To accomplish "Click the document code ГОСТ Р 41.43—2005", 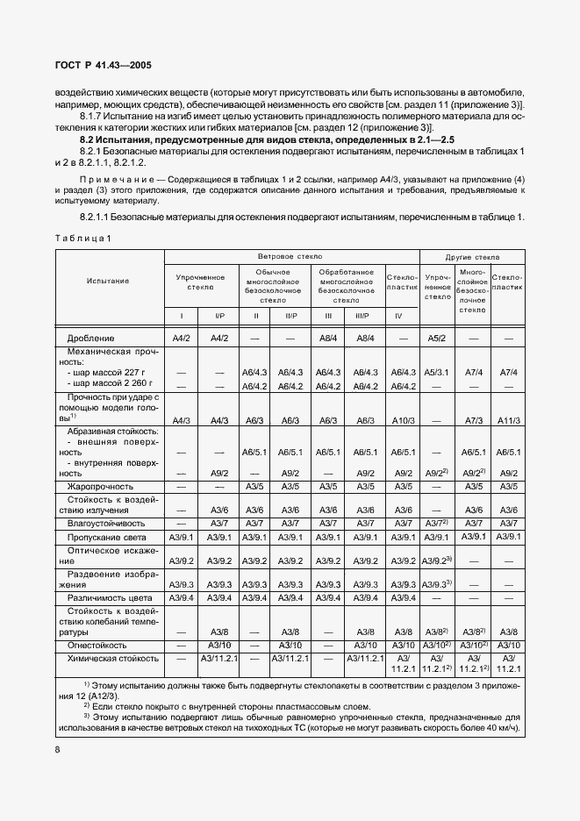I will click(98, 65).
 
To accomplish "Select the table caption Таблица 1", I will click(82, 239).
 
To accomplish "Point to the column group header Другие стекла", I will click(473, 258).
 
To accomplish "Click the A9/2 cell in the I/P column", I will click(219, 473).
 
